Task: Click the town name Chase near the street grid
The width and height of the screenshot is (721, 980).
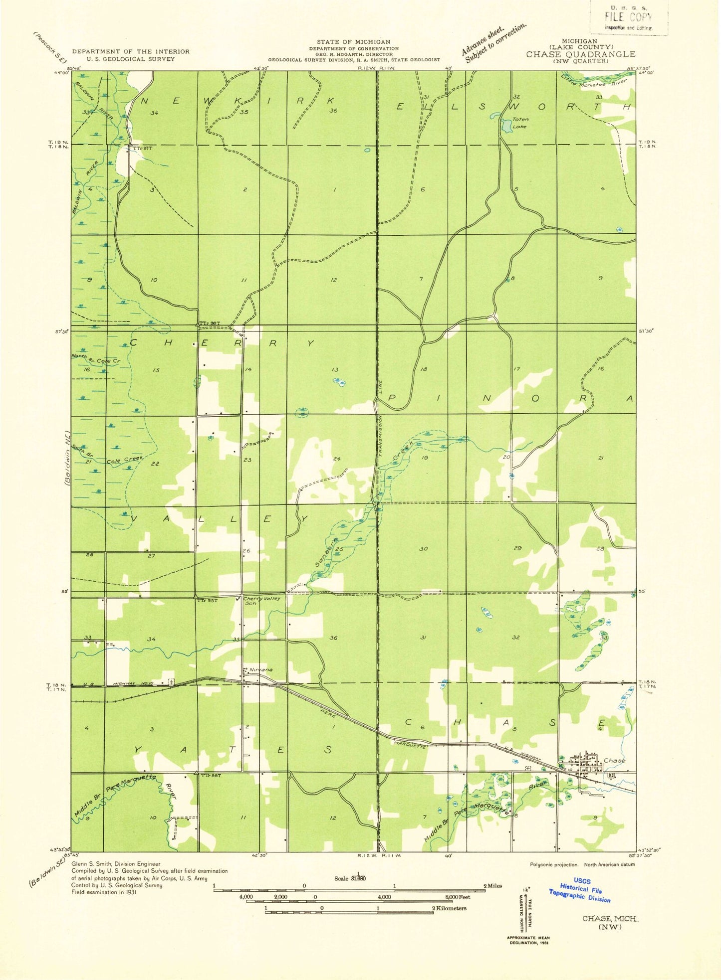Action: (614, 761)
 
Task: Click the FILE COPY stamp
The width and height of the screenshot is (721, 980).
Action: (628, 17)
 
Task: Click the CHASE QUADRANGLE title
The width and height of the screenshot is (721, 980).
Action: (580, 54)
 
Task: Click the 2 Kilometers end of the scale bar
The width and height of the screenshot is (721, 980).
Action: (449, 908)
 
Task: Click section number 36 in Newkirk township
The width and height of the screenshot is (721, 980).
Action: (333, 111)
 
